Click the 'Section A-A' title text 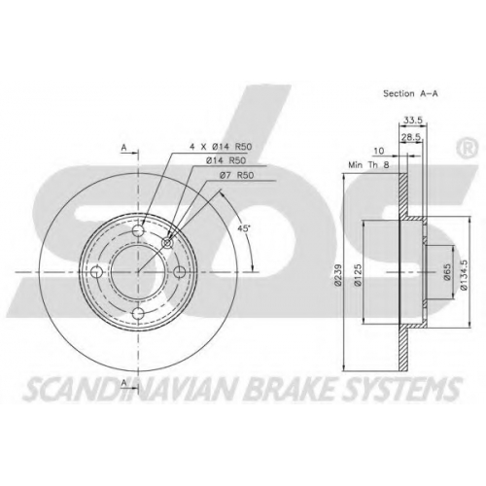[410, 93]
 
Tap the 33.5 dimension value [413, 121]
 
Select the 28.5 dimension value [411, 137]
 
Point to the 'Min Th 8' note [368, 165]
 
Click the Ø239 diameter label [338, 275]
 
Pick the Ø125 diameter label [358, 275]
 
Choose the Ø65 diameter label [447, 272]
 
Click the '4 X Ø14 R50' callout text [221, 147]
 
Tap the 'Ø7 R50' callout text [236, 175]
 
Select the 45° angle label [244, 228]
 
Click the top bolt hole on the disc [138, 230]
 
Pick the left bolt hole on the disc [97, 272]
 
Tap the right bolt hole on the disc [180, 272]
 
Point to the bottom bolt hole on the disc [138, 313]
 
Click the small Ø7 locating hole [167, 243]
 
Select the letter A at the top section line [123, 148]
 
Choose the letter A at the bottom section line [123, 383]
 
